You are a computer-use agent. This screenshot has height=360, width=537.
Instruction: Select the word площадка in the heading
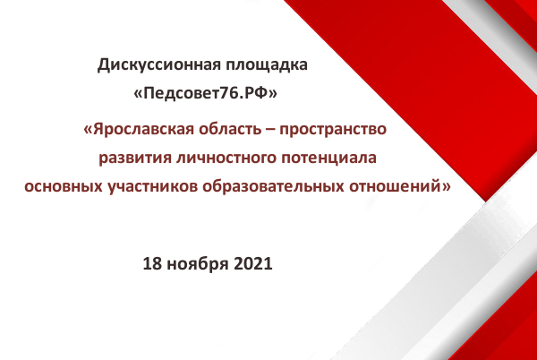[266, 65]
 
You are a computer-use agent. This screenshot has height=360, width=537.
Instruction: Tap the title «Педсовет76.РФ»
[205, 93]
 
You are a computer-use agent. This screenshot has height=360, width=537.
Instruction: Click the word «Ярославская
[139, 130]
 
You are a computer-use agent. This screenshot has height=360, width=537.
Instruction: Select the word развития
[135, 159]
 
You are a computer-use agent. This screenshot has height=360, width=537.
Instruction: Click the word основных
[64, 186]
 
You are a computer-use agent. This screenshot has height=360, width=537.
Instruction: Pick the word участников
[152, 187]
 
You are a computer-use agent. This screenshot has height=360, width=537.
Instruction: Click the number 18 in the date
[152, 264]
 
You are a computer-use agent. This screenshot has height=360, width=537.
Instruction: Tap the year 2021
[253, 264]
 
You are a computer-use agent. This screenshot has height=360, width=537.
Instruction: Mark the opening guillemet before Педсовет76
[138, 94]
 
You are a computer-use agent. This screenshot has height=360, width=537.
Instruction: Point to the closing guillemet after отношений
[447, 187]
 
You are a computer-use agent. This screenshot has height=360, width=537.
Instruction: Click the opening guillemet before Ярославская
[88, 131]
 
